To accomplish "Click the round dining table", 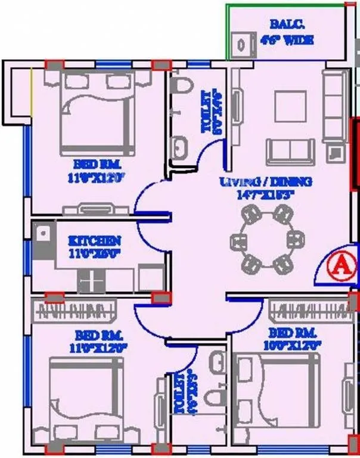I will pyautogui.click(x=263, y=243).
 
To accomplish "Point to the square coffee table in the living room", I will pyautogui.click(x=290, y=107).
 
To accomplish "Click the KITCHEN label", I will pyautogui.click(x=95, y=241).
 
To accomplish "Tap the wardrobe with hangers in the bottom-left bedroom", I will pyautogui.click(x=77, y=310).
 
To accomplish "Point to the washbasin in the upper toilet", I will pyautogui.click(x=179, y=146).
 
